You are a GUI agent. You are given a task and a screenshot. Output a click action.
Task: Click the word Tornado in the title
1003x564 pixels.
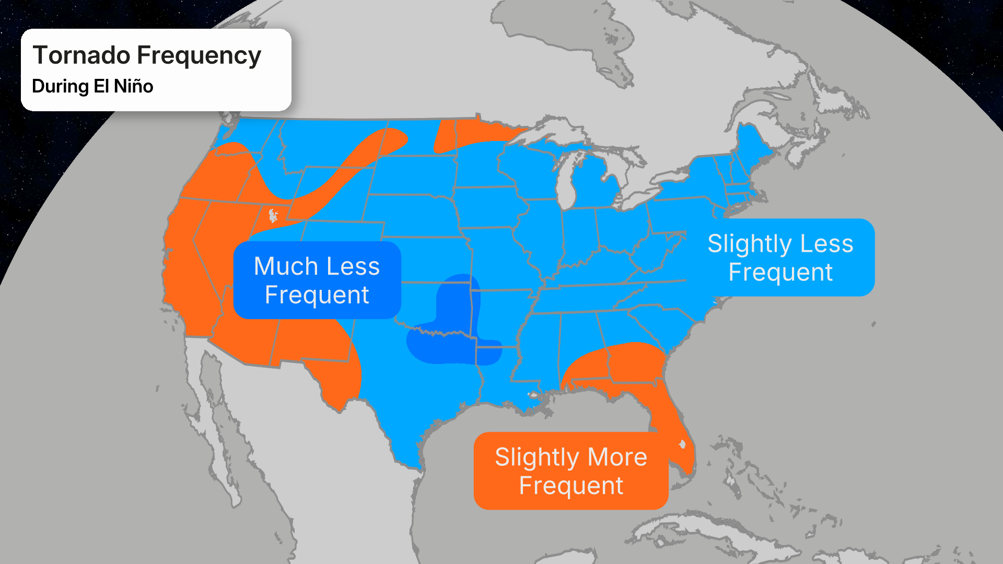[81, 55]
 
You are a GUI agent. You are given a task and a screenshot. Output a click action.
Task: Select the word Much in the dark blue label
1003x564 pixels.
[286, 266]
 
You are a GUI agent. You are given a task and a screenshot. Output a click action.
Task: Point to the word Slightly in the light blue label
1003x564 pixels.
[749, 244]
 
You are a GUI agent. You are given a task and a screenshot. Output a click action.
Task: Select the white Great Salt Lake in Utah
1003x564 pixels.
[273, 215]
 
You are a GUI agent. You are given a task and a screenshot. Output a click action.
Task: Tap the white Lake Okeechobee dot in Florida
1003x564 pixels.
[682, 444]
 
